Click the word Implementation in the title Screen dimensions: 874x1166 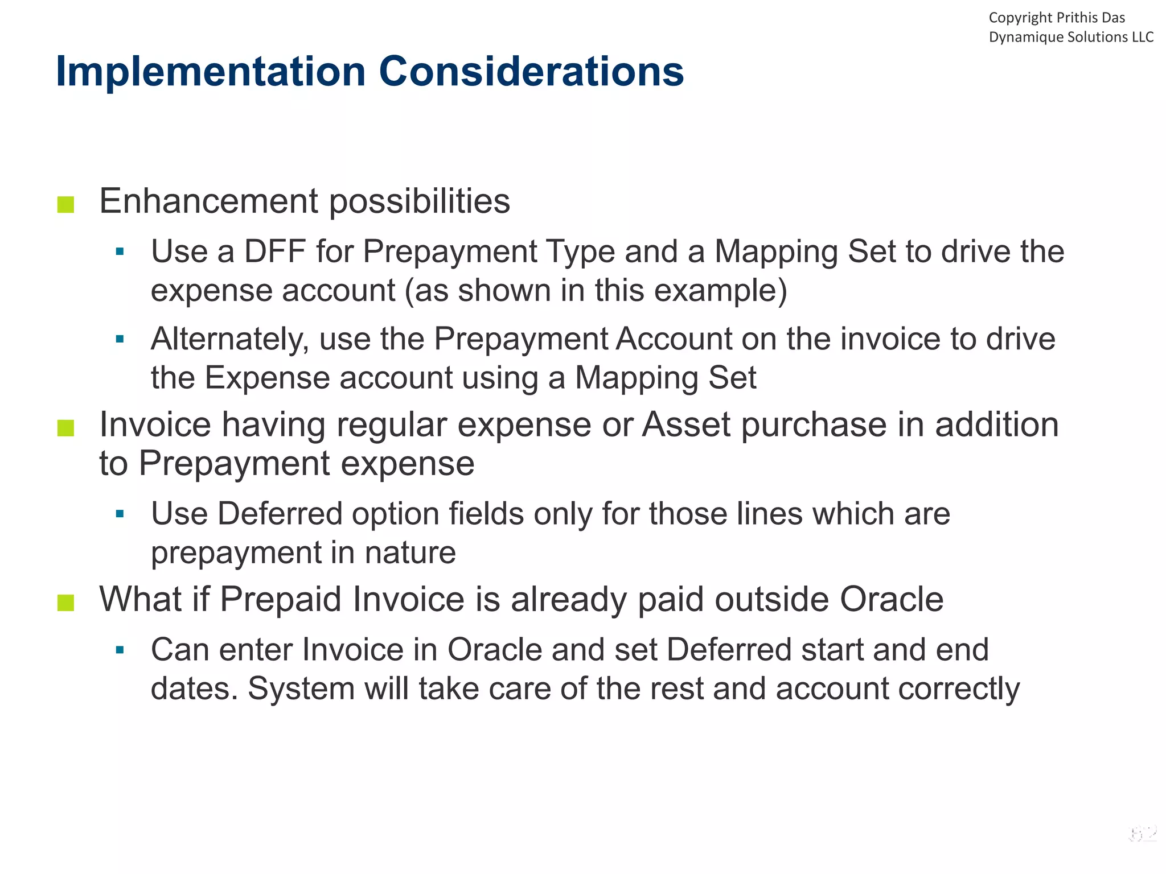coord(211,72)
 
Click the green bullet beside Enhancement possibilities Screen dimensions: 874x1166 coord(66,204)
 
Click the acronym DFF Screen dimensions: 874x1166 coord(276,251)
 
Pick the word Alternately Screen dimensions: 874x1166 coord(229,339)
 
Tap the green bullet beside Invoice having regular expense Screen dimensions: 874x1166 coord(66,428)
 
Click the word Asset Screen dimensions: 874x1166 coord(686,424)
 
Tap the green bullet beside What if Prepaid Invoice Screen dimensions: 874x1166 coord(66,602)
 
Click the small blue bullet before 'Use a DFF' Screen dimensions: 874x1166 coord(120,252)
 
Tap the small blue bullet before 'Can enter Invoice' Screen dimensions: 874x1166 coord(120,650)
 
